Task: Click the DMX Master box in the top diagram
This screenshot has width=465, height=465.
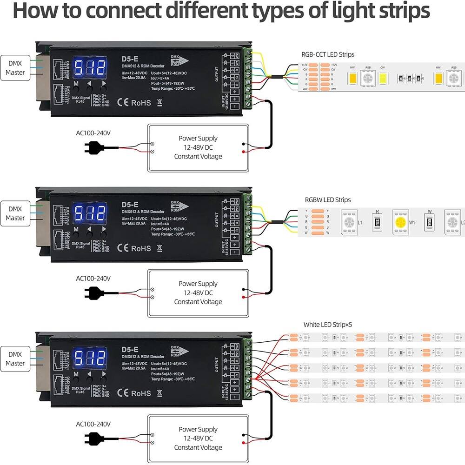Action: point(15,68)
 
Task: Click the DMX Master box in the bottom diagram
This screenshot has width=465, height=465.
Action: point(15,359)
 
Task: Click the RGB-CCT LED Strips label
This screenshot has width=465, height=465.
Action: point(328,54)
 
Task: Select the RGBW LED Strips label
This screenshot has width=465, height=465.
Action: point(328,200)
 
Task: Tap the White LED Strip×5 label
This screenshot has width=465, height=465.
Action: point(328,325)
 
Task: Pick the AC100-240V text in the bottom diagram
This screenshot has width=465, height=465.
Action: point(93,424)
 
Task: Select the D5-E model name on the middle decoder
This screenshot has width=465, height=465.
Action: point(130,204)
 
